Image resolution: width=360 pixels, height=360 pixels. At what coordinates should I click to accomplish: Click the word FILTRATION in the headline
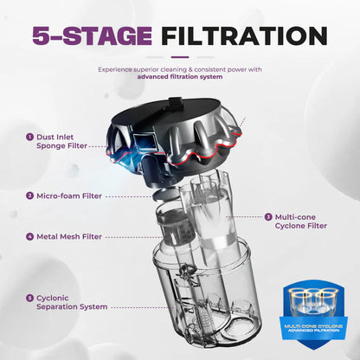pos(244,35)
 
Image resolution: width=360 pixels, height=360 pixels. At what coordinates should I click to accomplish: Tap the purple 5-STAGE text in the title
pos(92,35)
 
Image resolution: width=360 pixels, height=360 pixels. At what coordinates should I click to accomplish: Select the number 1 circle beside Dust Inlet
pos(29,137)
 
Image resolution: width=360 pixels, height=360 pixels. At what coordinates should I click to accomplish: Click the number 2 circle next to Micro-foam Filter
pos(29,196)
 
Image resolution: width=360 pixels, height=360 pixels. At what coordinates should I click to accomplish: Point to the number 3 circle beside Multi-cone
pos(268,217)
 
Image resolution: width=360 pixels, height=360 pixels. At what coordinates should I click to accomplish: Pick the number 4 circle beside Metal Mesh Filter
pos(29,236)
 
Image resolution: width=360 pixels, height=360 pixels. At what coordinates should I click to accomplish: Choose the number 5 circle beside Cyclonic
pos(29,298)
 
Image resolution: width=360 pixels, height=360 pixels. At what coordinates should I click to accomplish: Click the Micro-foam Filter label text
pos(69,196)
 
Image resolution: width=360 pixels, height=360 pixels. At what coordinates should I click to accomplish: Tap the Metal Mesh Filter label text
pos(69,237)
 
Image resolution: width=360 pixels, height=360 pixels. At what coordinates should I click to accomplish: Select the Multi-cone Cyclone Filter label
pos(301,222)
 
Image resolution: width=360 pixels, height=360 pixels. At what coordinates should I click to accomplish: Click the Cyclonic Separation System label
pos(72,302)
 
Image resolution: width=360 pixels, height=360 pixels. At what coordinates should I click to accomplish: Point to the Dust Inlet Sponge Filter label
pos(61,141)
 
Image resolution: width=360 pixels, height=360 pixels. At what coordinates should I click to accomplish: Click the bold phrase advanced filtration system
pos(180,77)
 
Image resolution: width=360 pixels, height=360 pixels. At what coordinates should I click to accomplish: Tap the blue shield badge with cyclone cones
pos(313,315)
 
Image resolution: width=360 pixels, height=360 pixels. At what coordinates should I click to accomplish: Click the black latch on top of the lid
pos(177,103)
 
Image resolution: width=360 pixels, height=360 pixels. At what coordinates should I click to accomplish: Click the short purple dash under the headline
pos(180,57)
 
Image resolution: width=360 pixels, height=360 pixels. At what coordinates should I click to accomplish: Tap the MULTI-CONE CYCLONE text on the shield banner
pos(313,326)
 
